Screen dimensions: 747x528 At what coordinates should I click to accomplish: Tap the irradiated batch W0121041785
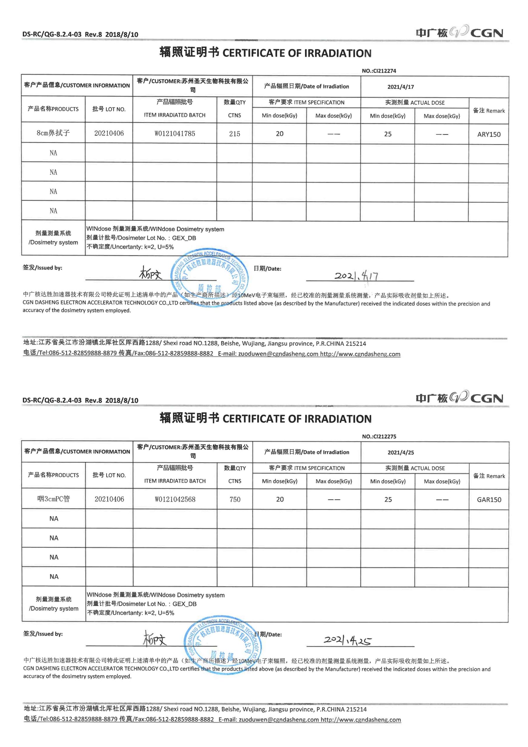tap(175, 133)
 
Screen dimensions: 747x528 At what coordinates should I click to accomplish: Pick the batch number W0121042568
tap(175, 499)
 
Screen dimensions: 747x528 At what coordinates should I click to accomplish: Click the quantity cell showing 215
tap(235, 134)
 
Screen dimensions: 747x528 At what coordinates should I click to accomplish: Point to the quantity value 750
tap(235, 499)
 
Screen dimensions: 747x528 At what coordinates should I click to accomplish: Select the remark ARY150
tap(489, 134)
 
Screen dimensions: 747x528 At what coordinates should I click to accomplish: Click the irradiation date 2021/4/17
tap(401, 87)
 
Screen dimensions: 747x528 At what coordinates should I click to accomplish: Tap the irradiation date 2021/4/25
tap(401, 453)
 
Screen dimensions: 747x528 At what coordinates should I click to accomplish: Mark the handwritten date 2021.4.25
tap(347, 640)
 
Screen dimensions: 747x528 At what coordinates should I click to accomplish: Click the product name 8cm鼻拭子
tap(53, 133)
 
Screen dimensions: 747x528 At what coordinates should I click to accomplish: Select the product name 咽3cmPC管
tap(53, 499)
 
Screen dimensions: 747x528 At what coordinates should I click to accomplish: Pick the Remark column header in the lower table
tap(489, 476)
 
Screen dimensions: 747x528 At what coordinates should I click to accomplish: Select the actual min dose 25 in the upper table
tap(388, 134)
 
